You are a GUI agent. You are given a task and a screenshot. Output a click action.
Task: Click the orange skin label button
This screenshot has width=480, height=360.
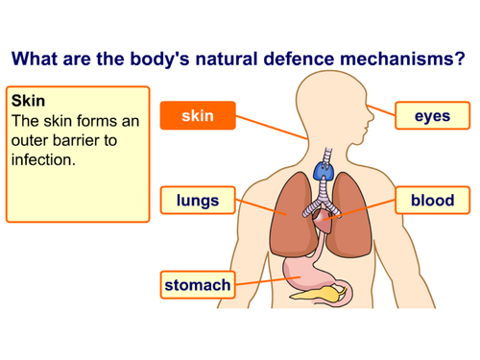pos(197,116)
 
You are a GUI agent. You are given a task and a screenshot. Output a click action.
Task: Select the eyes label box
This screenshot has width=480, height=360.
pos(431,116)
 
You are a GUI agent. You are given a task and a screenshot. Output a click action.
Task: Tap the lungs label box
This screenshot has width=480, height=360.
pos(197,201)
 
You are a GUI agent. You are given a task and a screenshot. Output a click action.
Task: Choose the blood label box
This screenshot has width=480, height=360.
pos(431,201)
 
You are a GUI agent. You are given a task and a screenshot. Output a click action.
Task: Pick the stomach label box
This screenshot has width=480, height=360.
pos(197,285)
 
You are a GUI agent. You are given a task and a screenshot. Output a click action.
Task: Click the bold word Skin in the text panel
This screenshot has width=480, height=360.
pos(29,101)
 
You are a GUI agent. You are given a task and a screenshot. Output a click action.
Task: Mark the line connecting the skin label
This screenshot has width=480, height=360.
pos(273,129)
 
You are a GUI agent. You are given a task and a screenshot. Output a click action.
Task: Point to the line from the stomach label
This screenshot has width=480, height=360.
pos(265,282)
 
